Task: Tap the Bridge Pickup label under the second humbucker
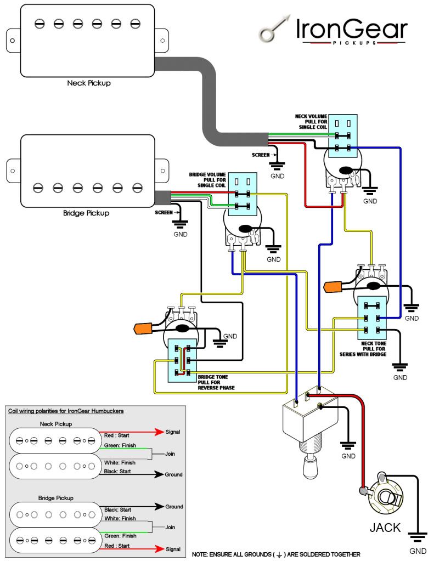[x=86, y=212]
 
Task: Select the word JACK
[x=385, y=528]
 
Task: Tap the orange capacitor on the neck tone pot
[x=335, y=286]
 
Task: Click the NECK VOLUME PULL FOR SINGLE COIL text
[x=311, y=122]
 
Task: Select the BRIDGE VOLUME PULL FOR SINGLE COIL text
[x=208, y=181]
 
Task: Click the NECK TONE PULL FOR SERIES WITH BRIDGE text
[x=374, y=349]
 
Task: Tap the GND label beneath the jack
[x=418, y=551]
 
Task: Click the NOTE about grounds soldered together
[x=276, y=554]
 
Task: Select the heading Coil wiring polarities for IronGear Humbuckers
[x=65, y=411]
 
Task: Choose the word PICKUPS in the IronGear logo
[x=352, y=42]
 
